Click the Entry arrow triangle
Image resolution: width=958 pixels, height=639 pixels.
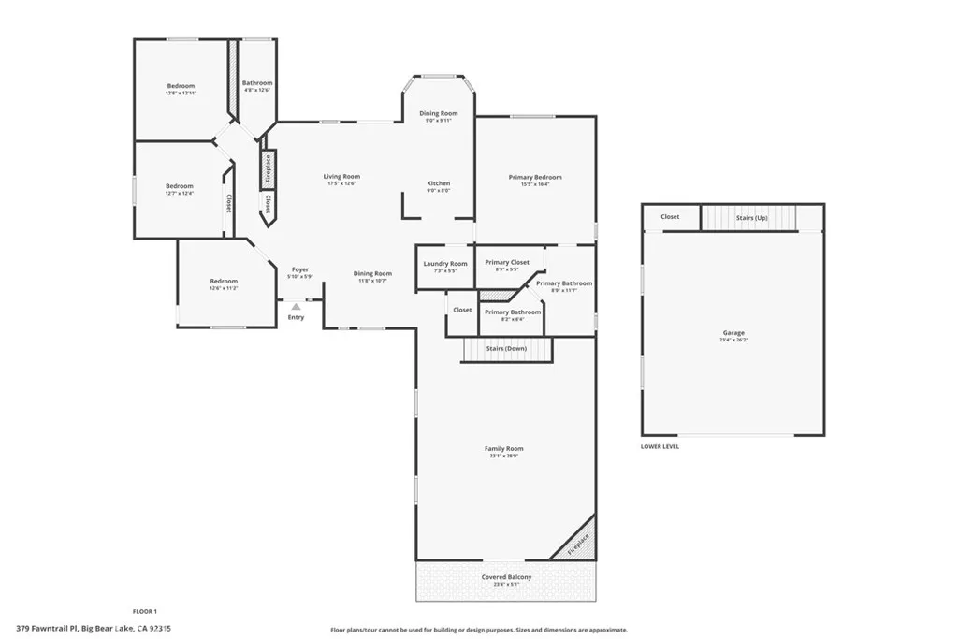296,305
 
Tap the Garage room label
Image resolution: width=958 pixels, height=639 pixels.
733,333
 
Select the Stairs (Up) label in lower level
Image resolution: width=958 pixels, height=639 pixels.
751,217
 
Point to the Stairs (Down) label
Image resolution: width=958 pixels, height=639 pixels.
507,348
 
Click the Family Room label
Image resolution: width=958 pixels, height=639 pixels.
503,449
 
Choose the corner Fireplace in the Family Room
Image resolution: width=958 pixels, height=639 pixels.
579,543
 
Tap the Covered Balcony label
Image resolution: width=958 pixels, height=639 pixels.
506,577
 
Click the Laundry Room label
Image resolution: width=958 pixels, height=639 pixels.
445,264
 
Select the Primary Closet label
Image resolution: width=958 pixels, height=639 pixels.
507,263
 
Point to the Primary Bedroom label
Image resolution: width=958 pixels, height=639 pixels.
535,177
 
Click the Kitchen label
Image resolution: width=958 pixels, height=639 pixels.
439,183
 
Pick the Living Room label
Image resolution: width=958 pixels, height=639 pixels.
341,176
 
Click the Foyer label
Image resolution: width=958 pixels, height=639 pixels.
299,269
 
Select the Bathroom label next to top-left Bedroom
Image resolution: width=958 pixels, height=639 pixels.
256,83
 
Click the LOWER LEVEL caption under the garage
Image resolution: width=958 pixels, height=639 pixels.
660,446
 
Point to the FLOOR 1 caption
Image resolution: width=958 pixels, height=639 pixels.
144,611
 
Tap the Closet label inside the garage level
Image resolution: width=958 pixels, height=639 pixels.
670,217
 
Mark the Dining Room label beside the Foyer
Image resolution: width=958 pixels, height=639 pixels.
372,274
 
